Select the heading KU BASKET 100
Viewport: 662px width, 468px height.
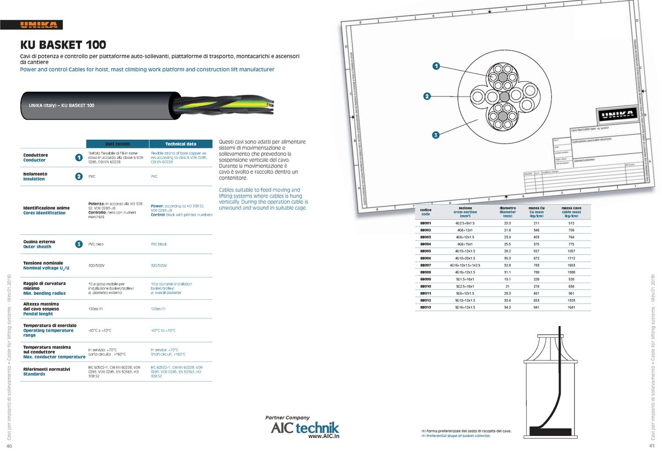(x=63, y=44)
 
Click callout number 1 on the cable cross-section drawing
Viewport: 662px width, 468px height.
(x=436, y=66)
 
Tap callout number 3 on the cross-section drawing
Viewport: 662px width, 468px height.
(x=435, y=134)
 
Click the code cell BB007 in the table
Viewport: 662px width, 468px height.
(x=425, y=265)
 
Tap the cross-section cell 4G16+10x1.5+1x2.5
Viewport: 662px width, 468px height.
(x=466, y=265)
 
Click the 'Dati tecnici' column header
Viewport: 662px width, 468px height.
(x=118, y=143)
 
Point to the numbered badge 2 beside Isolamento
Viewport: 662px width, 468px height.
(x=79, y=177)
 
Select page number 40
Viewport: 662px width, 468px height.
(x=9, y=446)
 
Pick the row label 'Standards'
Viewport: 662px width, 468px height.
(x=34, y=374)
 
